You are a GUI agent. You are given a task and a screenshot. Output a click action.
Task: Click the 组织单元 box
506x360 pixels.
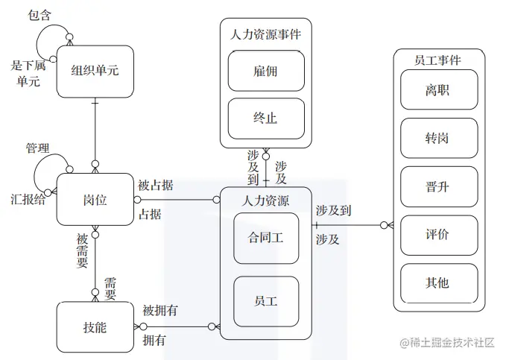95,71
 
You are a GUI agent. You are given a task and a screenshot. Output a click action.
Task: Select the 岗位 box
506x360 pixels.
95,199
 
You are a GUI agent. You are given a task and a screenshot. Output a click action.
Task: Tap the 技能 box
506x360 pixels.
95,326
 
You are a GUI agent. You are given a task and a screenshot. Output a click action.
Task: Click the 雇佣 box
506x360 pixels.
266,72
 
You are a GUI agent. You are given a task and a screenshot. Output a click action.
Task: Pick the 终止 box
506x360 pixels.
266,119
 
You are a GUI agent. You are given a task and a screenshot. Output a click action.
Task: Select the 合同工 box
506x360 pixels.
266,238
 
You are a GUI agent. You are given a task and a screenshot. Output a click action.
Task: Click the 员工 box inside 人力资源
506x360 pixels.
266,301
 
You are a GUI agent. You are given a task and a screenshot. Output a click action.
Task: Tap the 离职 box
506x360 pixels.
437,90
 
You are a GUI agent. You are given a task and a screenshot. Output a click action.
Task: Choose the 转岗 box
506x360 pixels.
437,139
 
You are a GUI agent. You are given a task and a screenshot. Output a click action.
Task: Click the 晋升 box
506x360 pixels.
437,186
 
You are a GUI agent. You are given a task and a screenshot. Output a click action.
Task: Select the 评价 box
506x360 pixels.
437,235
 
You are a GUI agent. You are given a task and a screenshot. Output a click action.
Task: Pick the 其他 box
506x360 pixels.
437,283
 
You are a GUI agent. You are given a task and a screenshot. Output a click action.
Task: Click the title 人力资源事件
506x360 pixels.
266,34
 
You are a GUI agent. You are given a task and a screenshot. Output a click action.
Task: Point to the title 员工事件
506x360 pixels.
437,60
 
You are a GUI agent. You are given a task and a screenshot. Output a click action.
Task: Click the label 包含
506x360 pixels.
39,15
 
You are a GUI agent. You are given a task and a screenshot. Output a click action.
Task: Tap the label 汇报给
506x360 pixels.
28,199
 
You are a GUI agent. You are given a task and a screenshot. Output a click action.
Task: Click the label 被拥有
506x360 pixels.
159,311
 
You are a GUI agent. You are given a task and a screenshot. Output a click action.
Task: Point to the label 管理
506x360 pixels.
37,148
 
